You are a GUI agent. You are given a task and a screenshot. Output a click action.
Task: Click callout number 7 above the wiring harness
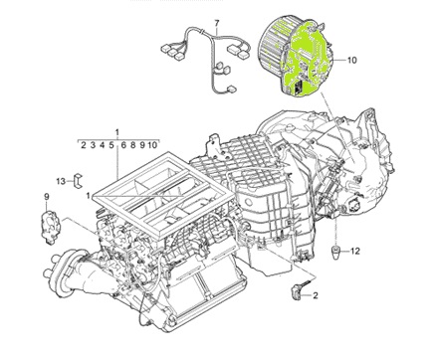click(x=217, y=24)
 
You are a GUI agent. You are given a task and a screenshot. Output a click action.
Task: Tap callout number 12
click(x=355, y=251)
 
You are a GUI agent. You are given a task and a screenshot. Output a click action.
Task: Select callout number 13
click(x=61, y=181)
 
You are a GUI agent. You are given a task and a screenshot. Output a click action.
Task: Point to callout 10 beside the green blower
click(x=352, y=60)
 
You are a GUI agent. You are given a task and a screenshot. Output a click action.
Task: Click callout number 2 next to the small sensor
click(x=315, y=295)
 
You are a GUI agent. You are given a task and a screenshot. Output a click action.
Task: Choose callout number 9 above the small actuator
click(x=47, y=197)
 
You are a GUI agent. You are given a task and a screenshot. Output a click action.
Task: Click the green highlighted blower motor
click(x=296, y=57)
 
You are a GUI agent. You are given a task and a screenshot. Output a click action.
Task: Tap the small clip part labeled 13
click(x=78, y=181)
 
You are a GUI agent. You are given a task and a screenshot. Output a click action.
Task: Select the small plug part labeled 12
click(x=335, y=252)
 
